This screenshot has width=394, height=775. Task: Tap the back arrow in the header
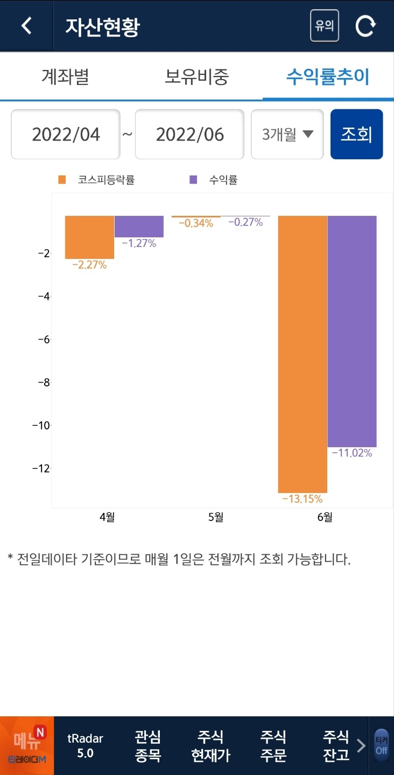(26, 26)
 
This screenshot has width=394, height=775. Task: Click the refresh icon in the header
(365, 26)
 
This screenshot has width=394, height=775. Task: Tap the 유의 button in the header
(324, 26)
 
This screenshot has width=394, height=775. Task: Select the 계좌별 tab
(65, 77)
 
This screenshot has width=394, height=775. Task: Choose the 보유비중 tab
(196, 77)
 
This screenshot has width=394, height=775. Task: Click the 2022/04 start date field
(66, 135)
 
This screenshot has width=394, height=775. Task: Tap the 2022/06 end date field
(189, 135)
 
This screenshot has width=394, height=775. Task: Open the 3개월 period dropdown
(287, 135)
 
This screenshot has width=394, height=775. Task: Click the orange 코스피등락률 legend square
(62, 180)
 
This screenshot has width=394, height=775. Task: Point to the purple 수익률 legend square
(193, 180)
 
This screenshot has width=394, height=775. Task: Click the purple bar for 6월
(352, 331)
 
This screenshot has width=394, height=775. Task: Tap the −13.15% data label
(302, 499)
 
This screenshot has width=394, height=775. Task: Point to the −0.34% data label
(195, 223)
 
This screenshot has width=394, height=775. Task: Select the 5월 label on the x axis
(215, 517)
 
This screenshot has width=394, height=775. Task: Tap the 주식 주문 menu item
(273, 745)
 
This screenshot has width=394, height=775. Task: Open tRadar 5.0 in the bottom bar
(85, 745)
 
